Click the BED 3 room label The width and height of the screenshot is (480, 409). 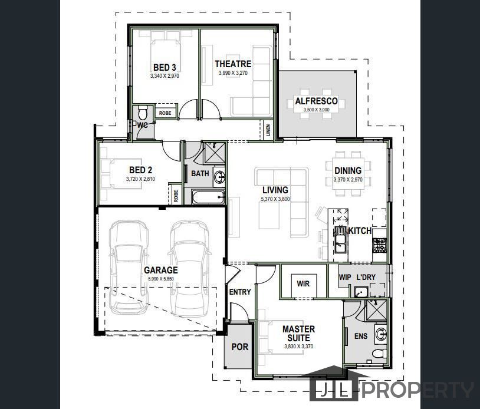tap(165, 67)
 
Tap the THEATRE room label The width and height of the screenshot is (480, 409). tap(233, 64)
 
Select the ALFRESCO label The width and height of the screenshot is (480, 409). tap(316, 101)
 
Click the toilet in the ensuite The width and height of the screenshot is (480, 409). tap(379, 354)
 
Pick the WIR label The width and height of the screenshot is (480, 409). tap(303, 283)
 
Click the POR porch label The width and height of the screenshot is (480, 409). tap(239, 347)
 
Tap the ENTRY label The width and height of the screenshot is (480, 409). tap(239, 292)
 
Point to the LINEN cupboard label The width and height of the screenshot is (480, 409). tap(268, 130)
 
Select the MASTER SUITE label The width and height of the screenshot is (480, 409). tap(298, 333)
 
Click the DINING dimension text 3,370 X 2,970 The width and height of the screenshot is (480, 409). tap(347, 179)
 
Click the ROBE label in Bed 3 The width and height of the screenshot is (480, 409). tap(165, 113)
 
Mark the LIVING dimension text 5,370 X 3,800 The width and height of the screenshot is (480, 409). tap(275, 200)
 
